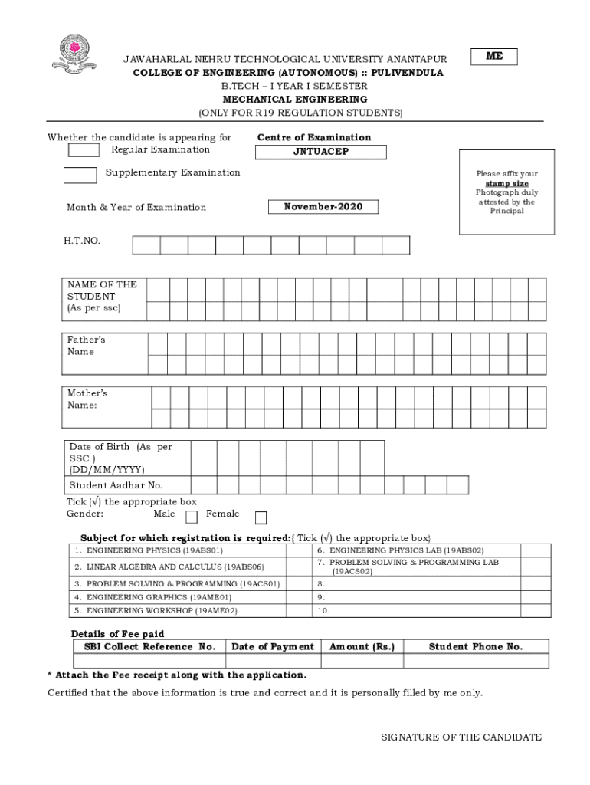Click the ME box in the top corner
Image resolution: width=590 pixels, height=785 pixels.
click(x=494, y=57)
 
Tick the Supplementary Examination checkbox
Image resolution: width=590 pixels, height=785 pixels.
click(x=80, y=175)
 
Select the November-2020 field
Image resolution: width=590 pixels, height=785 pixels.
click(x=323, y=207)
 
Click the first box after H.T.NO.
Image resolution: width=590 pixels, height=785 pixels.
click(x=146, y=245)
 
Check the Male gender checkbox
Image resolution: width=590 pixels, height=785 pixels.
click(x=192, y=517)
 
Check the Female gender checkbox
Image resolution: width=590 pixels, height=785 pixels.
click(x=261, y=517)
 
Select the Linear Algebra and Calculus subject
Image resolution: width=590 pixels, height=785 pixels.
click(x=169, y=567)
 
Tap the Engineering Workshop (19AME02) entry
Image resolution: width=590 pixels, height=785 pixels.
click(x=156, y=611)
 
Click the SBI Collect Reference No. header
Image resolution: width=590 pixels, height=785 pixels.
click(x=149, y=646)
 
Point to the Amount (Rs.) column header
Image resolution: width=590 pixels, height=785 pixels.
click(x=362, y=646)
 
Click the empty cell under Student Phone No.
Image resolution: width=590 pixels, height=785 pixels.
click(x=476, y=661)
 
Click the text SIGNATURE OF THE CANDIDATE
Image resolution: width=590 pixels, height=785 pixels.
click(x=461, y=737)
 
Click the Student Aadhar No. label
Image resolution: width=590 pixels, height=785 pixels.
click(x=116, y=485)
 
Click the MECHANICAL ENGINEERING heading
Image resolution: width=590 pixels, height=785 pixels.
click(x=294, y=100)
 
